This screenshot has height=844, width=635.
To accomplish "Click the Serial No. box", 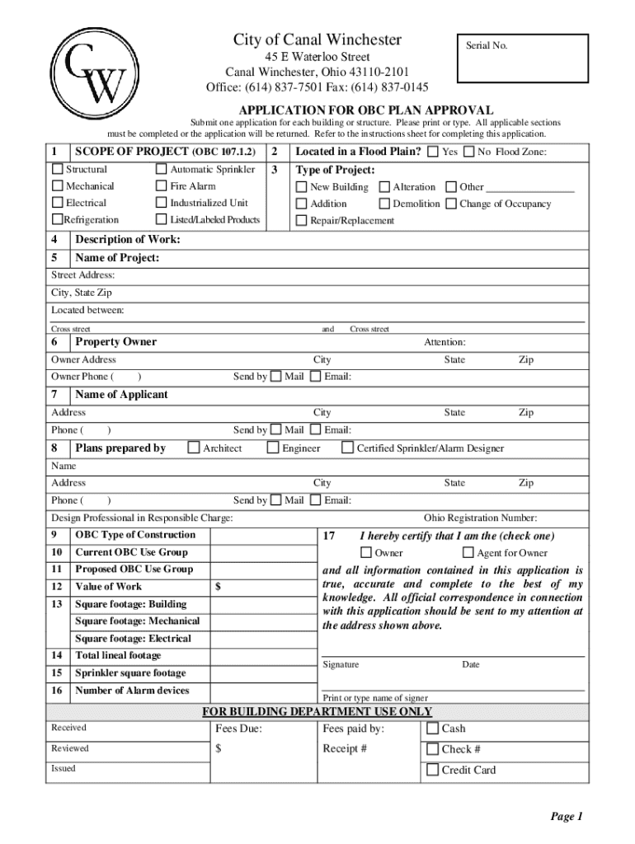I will pyautogui.click(x=520, y=58).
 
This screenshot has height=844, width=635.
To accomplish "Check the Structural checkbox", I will pyautogui.click(x=58, y=170).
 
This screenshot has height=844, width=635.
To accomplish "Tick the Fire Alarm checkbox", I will pyautogui.click(x=162, y=186).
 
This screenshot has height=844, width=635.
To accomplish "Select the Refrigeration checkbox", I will pyautogui.click(x=58, y=220).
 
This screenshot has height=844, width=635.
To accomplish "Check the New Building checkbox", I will pyautogui.click(x=302, y=187).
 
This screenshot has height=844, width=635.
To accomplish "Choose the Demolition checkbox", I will pyautogui.click(x=384, y=204).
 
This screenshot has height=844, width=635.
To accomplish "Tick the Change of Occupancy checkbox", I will pyautogui.click(x=450, y=204).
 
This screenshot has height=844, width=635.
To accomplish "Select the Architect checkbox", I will pyautogui.click(x=194, y=448).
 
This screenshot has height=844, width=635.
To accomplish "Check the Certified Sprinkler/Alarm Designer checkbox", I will pyautogui.click(x=347, y=448).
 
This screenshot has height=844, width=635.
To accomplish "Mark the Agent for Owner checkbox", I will pyautogui.click(x=468, y=553).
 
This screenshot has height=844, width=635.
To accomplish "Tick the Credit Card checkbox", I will pyautogui.click(x=432, y=771).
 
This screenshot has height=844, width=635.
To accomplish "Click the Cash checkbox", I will pyautogui.click(x=432, y=729).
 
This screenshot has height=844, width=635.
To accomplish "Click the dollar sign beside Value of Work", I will pyautogui.click(x=218, y=587).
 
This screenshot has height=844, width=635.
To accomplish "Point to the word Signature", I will pyautogui.click(x=341, y=664).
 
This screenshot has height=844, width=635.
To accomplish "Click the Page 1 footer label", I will pyautogui.click(x=567, y=817).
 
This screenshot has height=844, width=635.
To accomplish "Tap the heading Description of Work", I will pyautogui.click(x=128, y=240).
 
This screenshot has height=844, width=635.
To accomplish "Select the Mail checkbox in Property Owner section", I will pyautogui.click(x=276, y=377).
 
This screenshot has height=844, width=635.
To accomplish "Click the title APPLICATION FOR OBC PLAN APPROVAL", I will pyautogui.click(x=366, y=110).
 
